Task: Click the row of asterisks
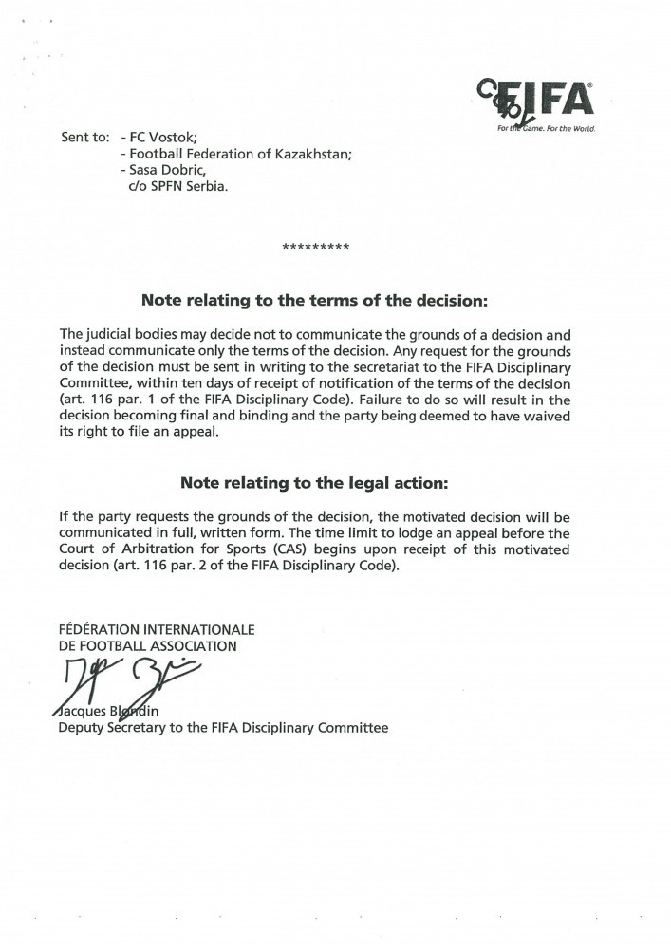316,249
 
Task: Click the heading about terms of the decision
314,301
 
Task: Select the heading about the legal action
314,483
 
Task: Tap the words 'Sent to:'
84,136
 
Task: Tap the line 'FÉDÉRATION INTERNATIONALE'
157,629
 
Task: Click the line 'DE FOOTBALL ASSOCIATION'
148,645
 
